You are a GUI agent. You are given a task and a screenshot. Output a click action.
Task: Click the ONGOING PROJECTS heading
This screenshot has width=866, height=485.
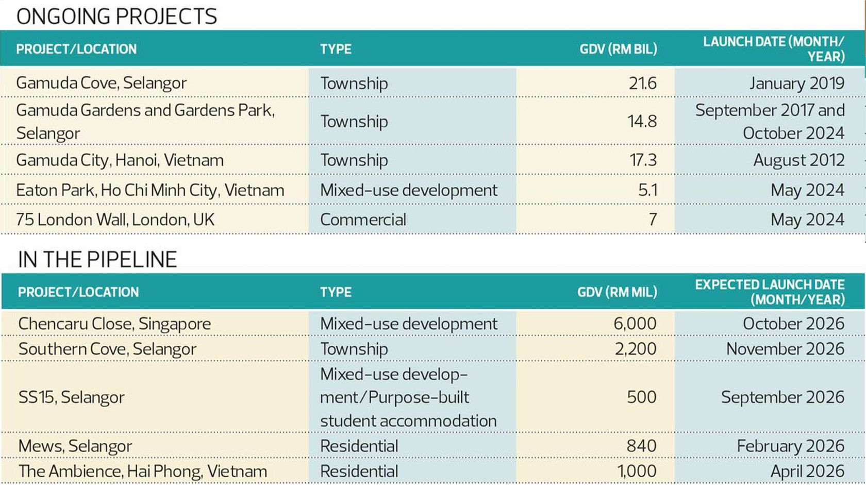tap(116, 16)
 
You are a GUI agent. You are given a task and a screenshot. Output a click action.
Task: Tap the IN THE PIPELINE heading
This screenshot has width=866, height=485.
tap(97, 259)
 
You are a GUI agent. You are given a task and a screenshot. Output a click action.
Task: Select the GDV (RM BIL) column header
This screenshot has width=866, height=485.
tap(618, 49)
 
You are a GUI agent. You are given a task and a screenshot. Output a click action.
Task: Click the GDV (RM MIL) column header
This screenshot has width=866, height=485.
tap(617, 292)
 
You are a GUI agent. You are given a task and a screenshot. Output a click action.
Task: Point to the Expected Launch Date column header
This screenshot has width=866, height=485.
tap(770, 292)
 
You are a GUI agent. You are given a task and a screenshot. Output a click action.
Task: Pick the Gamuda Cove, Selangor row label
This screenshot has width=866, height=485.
tap(101, 83)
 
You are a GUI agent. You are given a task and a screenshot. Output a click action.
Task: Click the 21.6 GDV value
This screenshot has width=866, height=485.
tap(642, 83)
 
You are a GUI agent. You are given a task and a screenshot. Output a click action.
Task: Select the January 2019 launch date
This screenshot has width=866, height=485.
tap(797, 83)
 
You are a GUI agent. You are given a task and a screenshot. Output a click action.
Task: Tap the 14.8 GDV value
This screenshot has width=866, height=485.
tap(642, 122)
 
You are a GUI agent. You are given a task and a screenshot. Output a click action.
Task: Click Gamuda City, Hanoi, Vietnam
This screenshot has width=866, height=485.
tap(120, 160)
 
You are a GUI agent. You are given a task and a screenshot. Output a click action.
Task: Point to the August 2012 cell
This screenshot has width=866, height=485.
tap(798, 160)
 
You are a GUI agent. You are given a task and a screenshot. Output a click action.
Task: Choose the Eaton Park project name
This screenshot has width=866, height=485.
tap(150, 190)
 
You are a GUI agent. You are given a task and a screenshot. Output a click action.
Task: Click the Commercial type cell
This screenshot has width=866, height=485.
tap(363, 220)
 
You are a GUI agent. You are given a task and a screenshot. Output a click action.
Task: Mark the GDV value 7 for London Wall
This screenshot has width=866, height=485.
tap(653, 220)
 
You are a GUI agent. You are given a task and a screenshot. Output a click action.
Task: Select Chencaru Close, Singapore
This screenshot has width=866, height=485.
tap(114, 324)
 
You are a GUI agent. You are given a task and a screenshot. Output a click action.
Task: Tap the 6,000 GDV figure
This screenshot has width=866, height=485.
tap(635, 324)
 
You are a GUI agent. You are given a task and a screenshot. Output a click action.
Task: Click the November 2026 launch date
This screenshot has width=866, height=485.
tap(785, 349)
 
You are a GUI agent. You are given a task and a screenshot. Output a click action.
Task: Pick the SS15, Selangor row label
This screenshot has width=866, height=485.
tap(71, 397)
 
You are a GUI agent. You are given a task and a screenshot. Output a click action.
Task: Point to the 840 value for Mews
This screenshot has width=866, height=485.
tap(641, 446)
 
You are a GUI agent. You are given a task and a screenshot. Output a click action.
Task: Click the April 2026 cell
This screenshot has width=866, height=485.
tap(807, 471)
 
